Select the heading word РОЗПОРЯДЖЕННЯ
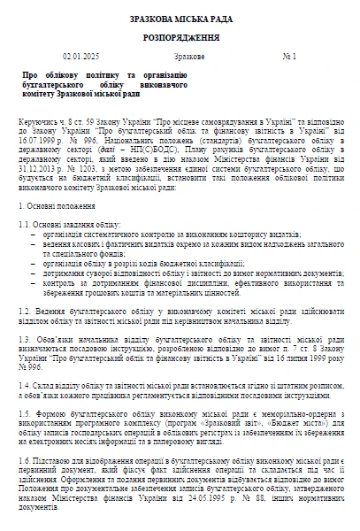click(180, 40)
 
